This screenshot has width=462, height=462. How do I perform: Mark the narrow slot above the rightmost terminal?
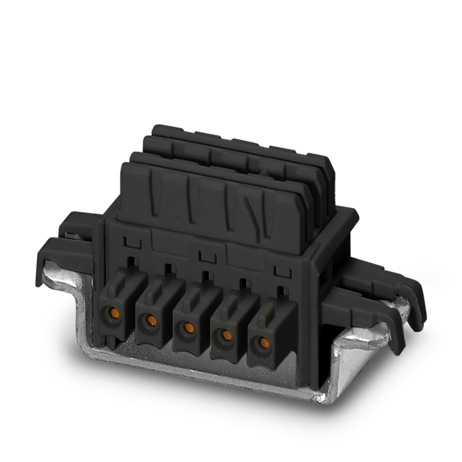281,291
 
